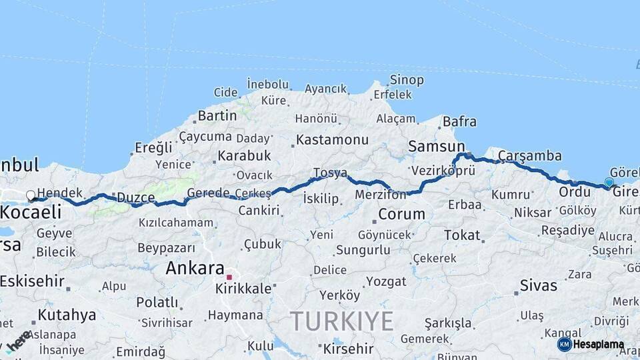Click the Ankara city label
pyautogui.click(x=195, y=268)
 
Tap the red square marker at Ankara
pyautogui.click(x=229, y=277)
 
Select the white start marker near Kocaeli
pyautogui.click(x=31, y=196)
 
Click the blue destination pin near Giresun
pyautogui.click(x=609, y=182)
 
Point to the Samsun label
pyautogui.click(x=437, y=146)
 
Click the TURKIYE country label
pyautogui.click(x=342, y=321)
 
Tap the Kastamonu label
pyautogui.click(x=332, y=140)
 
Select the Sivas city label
pyautogui.click(x=539, y=285)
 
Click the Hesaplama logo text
pyautogui.click(x=599, y=345)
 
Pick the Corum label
pyautogui.click(x=401, y=214)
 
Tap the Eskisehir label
pyautogui.click(x=33, y=281)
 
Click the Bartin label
pyautogui.click(x=217, y=115)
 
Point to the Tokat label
pyautogui.click(x=462, y=235)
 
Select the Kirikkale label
pyautogui.click(x=243, y=289)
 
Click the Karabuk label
pyautogui.click(x=244, y=155)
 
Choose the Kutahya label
pyautogui.click(x=67, y=315)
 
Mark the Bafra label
pyautogui.click(x=460, y=121)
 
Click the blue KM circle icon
pyautogui.click(x=565, y=344)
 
